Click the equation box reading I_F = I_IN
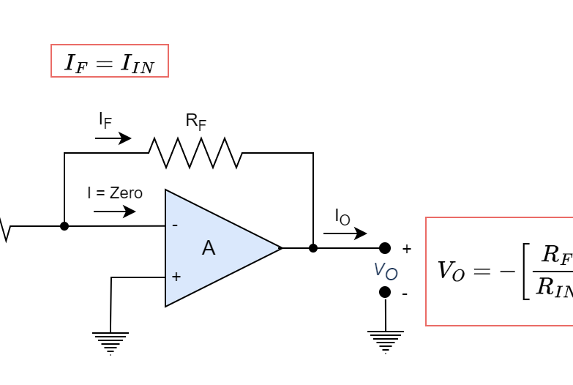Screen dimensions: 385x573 [110, 61]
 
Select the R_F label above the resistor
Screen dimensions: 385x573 [195, 121]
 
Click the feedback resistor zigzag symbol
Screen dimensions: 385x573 [195, 153]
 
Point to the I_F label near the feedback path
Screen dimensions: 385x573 [105, 120]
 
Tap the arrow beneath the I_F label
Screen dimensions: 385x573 [113, 138]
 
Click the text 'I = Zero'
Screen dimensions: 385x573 [115, 193]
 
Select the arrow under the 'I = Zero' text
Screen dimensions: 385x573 [115, 212]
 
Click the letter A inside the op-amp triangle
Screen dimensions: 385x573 [209, 248]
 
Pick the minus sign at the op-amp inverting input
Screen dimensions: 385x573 [175, 225]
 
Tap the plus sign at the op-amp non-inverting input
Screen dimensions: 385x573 [176, 277]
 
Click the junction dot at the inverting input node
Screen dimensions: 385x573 [64, 226]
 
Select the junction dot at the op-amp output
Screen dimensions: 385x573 [313, 248]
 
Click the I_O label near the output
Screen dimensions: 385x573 [342, 217]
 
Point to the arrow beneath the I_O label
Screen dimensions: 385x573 [345, 233]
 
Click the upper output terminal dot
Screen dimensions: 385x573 [385, 248]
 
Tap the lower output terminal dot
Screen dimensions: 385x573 [385, 292]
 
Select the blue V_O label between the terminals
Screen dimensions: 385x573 [386, 271]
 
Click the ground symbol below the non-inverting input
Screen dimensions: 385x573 [111, 342]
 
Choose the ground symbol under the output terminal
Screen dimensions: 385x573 [386, 340]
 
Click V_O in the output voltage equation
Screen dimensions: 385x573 [451, 271]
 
